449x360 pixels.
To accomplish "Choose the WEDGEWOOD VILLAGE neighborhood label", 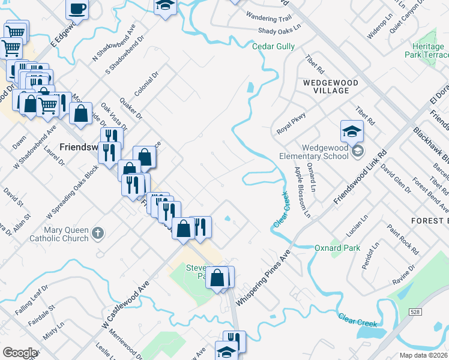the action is (330, 86).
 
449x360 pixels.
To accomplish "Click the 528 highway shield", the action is (415, 311).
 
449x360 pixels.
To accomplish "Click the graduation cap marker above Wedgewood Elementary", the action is (352, 131).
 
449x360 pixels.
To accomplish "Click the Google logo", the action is (20, 353).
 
